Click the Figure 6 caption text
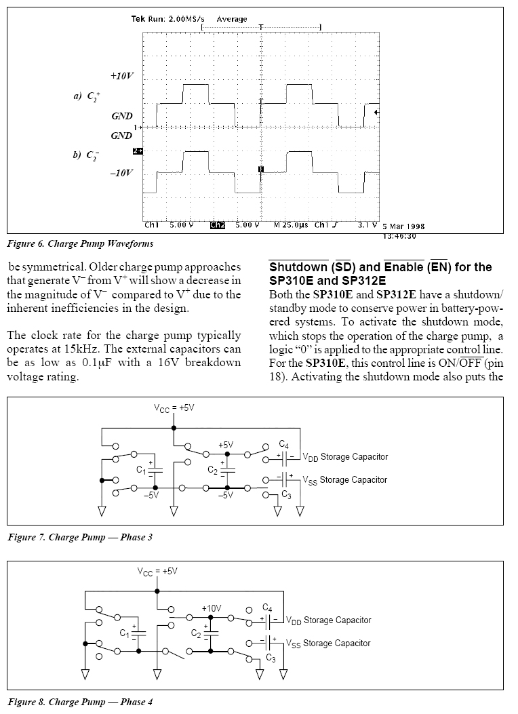coord(80,243)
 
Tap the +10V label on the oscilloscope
coord(123,76)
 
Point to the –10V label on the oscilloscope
coord(122,173)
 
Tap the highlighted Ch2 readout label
coord(218,224)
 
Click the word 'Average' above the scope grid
coord(232,19)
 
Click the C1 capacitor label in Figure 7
coord(141,470)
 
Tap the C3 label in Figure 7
coord(286,495)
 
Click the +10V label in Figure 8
coord(212,608)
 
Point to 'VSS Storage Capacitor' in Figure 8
coord(328,643)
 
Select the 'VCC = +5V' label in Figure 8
coord(157,572)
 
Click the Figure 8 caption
coord(80,702)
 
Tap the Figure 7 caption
coord(80,537)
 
